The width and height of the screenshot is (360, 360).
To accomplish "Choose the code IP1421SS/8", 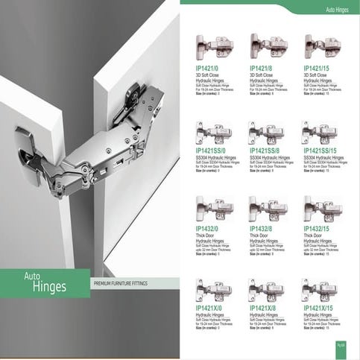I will (266, 151).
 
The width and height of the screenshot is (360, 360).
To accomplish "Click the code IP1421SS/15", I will (321, 151).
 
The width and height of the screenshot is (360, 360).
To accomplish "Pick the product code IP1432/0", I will (207, 229).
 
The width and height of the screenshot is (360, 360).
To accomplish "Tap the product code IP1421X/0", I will (209, 308).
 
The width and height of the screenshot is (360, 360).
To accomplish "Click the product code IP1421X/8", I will (263, 308).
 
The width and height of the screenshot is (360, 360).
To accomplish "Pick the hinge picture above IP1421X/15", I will (320, 289).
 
